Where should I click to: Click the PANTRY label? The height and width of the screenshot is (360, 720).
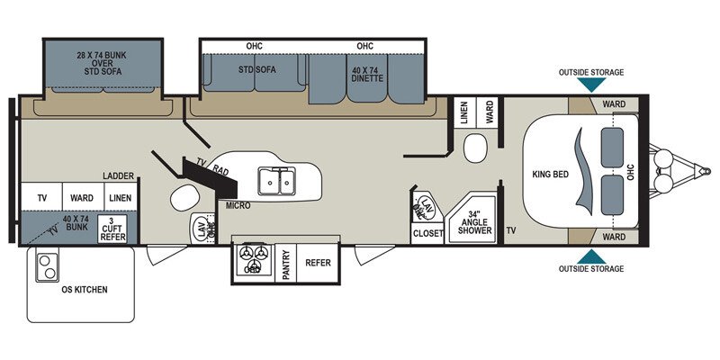coord(286,263)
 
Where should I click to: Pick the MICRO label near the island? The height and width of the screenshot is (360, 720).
coord(239,206)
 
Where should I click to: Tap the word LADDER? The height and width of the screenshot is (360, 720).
coord(118,175)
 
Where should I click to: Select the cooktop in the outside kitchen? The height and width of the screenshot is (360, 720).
coord(45,266)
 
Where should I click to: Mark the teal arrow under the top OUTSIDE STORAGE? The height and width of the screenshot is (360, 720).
coord(590,85)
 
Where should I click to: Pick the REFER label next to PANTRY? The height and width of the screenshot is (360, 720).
coord(317,263)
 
